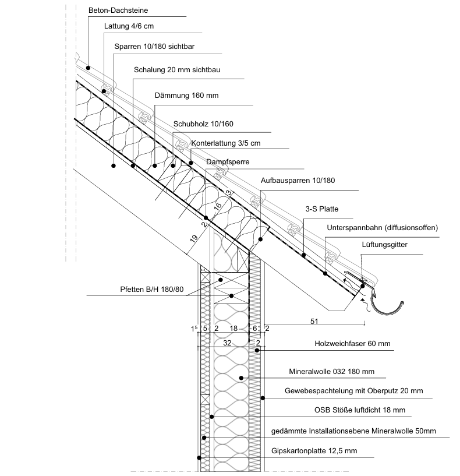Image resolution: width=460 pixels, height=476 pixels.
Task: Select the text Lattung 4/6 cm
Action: [129, 27]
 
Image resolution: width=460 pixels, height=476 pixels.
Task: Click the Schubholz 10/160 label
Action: [203, 124]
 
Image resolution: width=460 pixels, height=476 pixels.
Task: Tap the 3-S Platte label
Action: [321, 209]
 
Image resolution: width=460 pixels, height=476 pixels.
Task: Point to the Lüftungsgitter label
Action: [384, 245]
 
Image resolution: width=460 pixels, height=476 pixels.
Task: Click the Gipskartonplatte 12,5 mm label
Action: [314, 451]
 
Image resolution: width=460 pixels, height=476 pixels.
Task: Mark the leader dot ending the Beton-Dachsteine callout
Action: [88, 68]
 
